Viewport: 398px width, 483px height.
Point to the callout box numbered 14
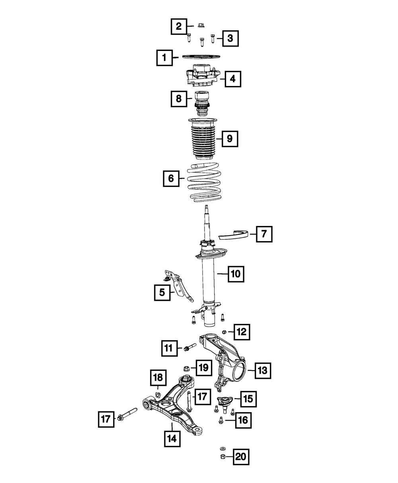click(172, 439)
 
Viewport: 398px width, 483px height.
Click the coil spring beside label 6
click(204, 183)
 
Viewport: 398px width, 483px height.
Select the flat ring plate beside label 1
click(201, 57)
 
